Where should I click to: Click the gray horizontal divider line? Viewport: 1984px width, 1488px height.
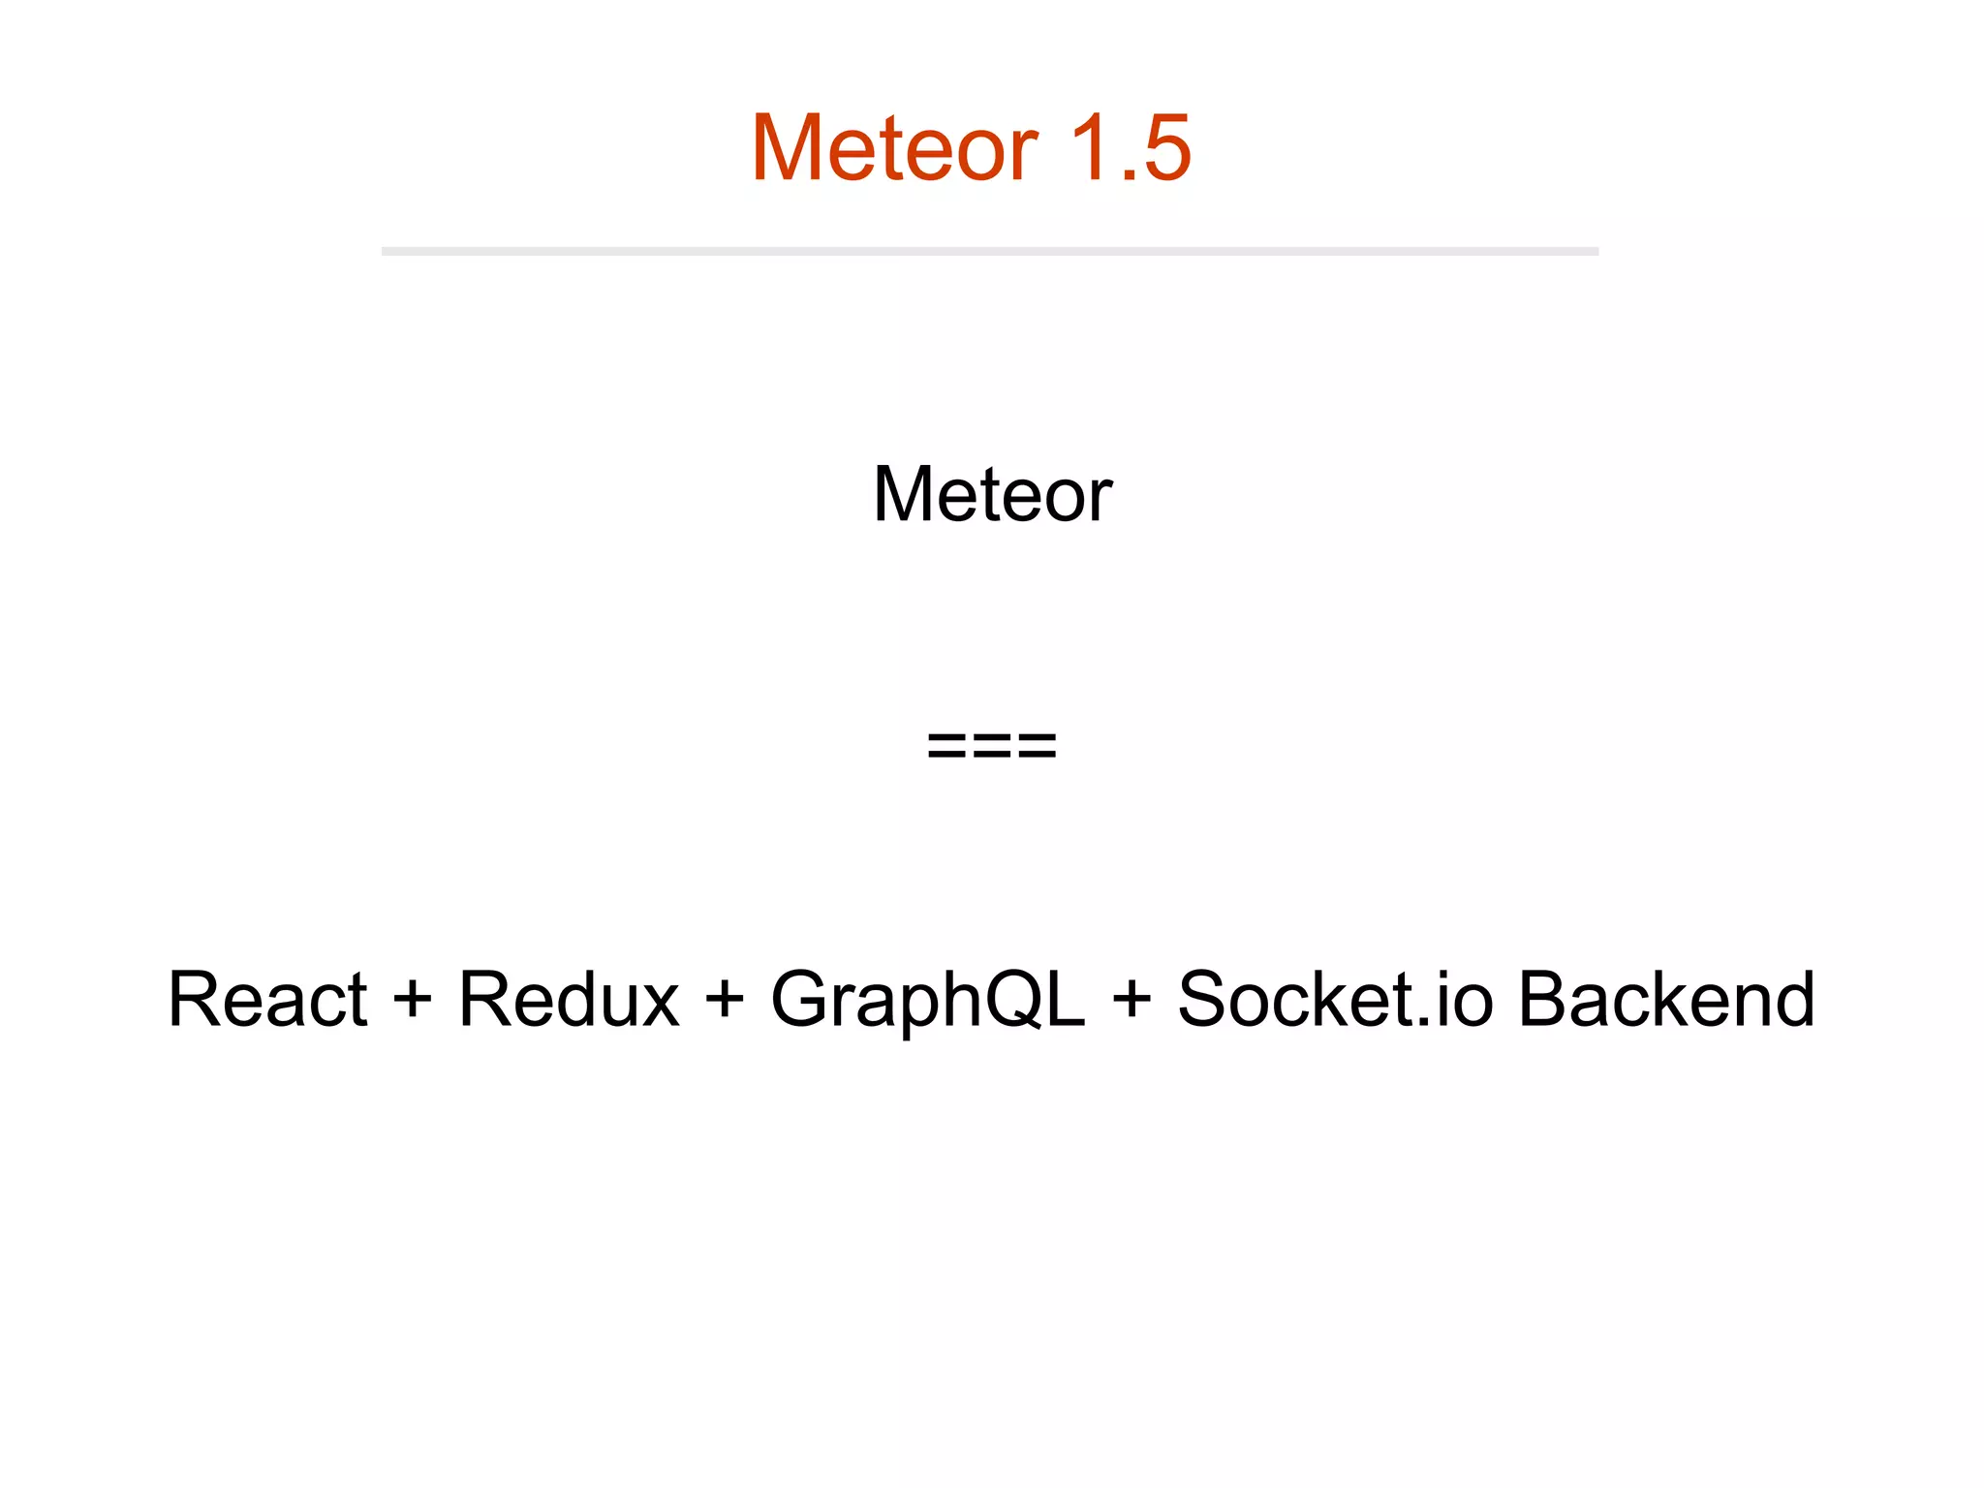pyautogui.click(x=989, y=251)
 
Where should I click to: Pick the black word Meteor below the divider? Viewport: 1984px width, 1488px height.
pyautogui.click(x=992, y=495)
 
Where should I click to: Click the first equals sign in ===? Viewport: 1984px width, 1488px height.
pyautogui.click(x=948, y=746)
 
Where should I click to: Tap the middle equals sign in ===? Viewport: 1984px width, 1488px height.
pyautogui.click(x=992, y=746)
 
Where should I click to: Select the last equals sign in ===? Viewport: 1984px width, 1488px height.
pyautogui.click(x=1036, y=746)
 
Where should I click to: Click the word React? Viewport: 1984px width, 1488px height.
pyautogui.click(x=267, y=999)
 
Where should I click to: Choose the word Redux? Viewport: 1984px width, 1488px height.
pyautogui.click(x=569, y=999)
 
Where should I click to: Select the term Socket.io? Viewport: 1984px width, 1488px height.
pyautogui.click(x=1335, y=999)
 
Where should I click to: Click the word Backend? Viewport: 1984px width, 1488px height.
pyautogui.click(x=1665, y=999)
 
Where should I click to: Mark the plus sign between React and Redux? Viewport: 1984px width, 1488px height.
pyautogui.click(x=412, y=999)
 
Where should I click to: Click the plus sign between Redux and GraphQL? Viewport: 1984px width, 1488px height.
pyautogui.click(x=725, y=999)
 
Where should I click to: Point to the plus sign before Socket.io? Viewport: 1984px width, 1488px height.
pyautogui.click(x=1131, y=999)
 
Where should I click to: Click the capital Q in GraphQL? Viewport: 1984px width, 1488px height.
pyautogui.click(x=1007, y=1001)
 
